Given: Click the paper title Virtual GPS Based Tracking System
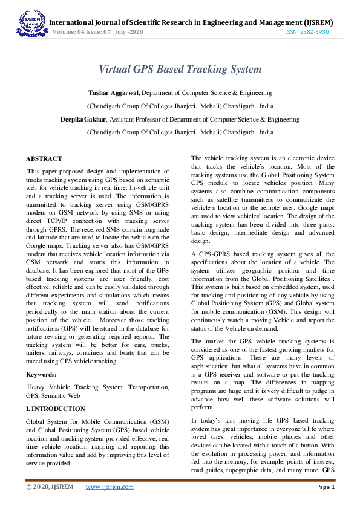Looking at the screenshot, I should (180, 69).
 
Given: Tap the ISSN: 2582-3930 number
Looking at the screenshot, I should (308, 31).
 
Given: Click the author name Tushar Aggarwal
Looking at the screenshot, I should (114, 93).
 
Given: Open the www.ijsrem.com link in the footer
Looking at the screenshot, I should (110, 487).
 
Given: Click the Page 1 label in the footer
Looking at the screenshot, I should (326, 487).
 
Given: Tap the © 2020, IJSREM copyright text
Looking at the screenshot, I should (50, 487).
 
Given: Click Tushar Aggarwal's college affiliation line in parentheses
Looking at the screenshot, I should (180, 106).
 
